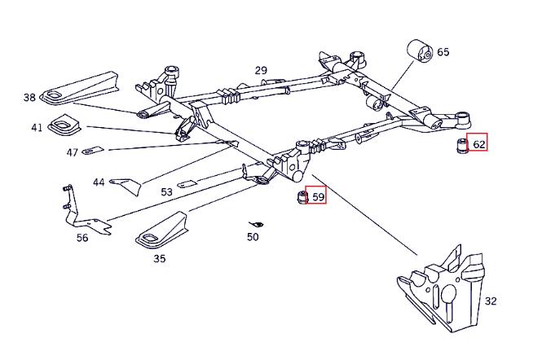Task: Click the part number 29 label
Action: tap(261, 71)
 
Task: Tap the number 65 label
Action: tap(443, 52)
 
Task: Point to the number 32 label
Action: tap(491, 301)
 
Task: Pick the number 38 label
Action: tap(29, 98)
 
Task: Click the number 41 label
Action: tap(37, 128)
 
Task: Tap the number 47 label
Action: tap(73, 152)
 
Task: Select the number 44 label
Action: tap(99, 182)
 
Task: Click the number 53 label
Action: tap(166, 191)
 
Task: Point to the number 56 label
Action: tap(82, 238)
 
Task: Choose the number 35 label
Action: tap(160, 258)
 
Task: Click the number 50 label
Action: tap(253, 237)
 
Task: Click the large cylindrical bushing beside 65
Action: tap(420, 52)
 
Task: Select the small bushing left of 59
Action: tap(302, 197)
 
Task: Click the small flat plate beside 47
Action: tap(93, 150)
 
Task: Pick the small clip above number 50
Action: tap(257, 225)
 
